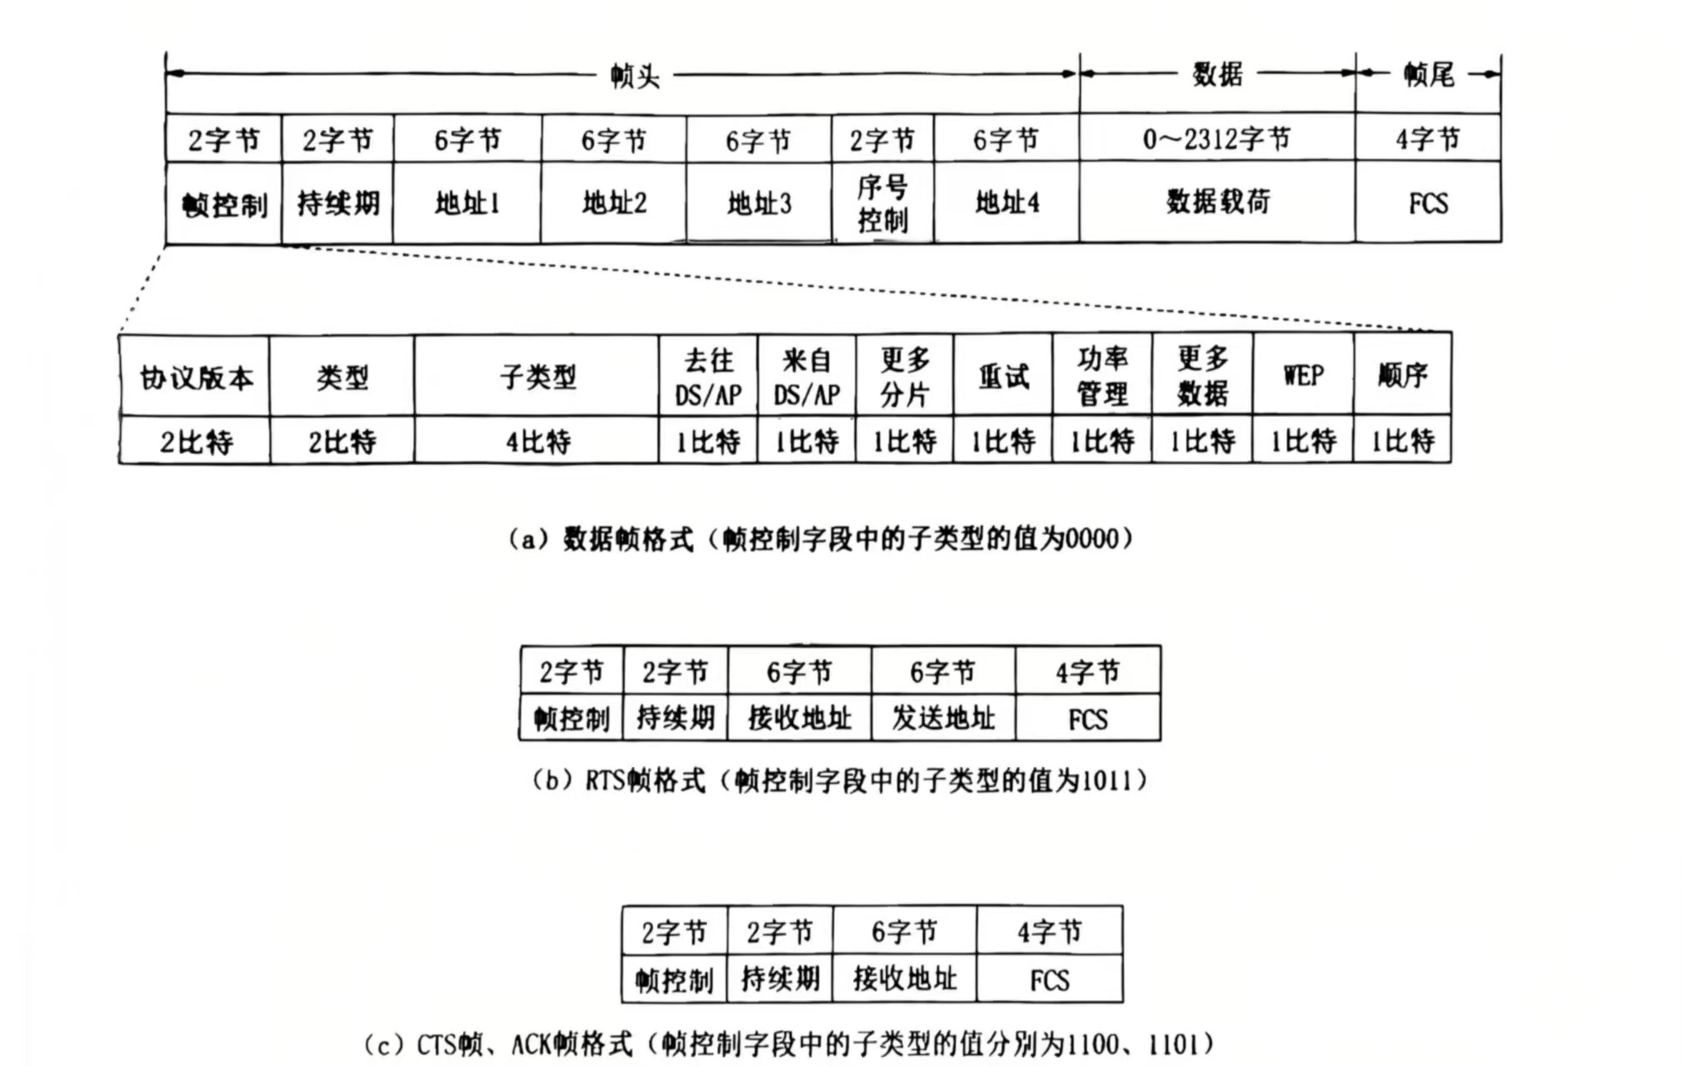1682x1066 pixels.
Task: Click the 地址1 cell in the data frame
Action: [x=467, y=203]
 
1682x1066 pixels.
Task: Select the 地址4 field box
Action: [x=1006, y=203]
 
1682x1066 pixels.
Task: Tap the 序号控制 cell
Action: [x=882, y=203]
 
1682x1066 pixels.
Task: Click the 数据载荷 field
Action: [x=1217, y=202]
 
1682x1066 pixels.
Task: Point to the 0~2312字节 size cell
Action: [x=1216, y=138]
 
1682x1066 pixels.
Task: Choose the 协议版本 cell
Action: [x=195, y=377]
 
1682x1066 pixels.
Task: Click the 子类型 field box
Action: [x=537, y=377]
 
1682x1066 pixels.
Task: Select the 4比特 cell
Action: [x=537, y=441]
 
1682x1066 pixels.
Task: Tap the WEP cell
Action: [x=1303, y=376]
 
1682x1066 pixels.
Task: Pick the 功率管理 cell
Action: [x=1102, y=376]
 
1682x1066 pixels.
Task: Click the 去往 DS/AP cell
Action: [x=708, y=377]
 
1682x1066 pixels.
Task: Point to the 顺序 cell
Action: [x=1402, y=376]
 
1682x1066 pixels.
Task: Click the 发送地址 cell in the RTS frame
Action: [x=943, y=718]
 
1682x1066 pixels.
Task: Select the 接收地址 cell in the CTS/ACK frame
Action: [x=904, y=978]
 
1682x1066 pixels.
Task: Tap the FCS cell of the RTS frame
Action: [x=1088, y=718]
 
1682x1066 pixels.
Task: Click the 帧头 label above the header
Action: [x=635, y=76]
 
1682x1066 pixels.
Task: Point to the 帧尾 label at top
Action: [x=1428, y=75]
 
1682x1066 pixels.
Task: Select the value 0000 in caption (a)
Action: [x=1091, y=539]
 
